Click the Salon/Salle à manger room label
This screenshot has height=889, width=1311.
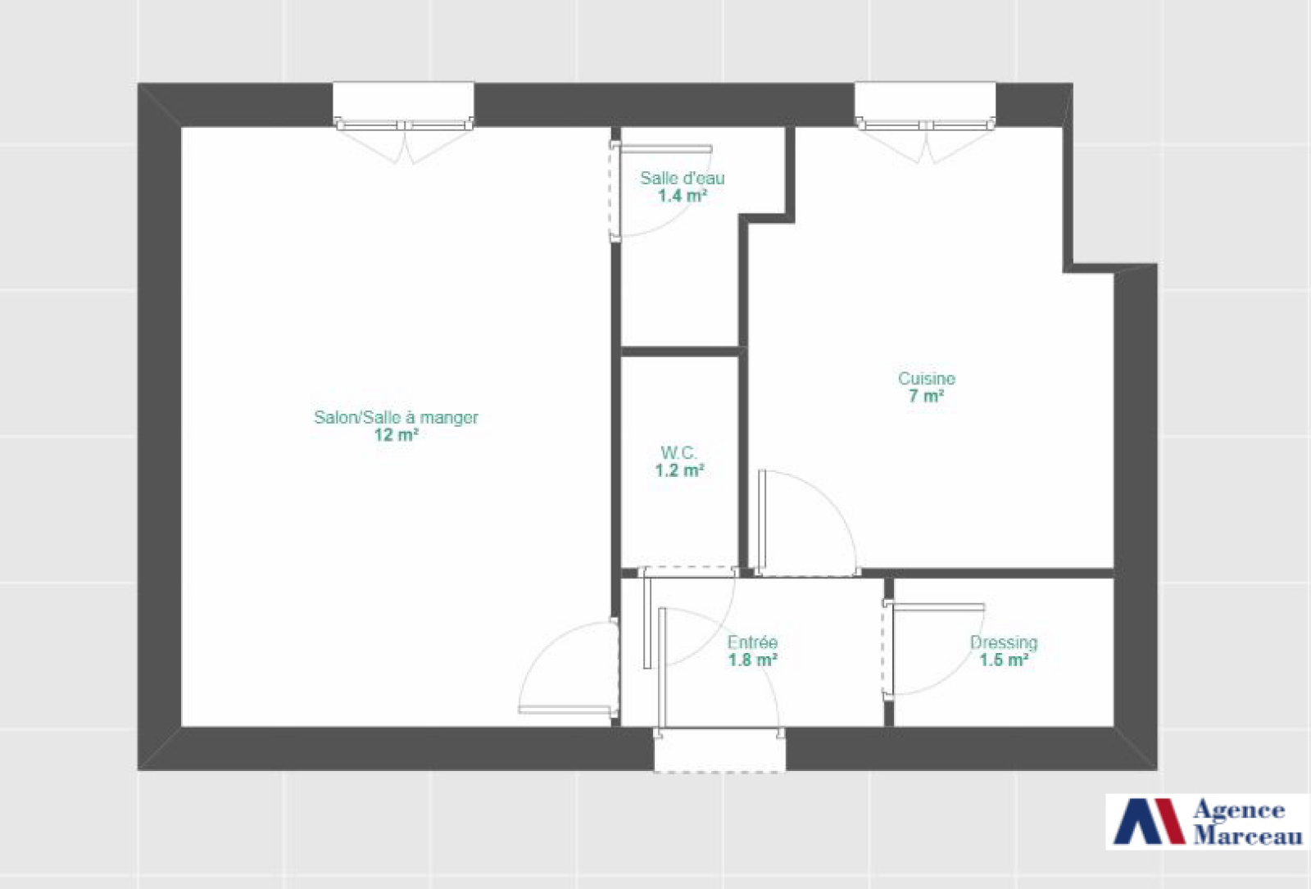[397, 417]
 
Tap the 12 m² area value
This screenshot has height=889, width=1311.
[397, 435]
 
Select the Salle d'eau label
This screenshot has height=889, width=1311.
[683, 178]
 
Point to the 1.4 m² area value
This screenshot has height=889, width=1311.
[683, 196]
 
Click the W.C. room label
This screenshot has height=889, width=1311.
[679, 452]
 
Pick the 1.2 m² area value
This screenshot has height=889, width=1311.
[679, 470]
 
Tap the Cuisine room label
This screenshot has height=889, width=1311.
[927, 379]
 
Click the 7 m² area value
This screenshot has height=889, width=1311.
[927, 397]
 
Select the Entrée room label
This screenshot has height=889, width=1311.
[753, 642]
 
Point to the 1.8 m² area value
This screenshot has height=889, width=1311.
[753, 660]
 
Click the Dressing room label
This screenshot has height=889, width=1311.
[1005, 642]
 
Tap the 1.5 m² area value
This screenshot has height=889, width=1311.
[1005, 660]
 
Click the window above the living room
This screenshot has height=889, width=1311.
[404, 106]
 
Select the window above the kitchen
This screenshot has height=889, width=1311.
[925, 106]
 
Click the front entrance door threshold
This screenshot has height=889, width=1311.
[720, 751]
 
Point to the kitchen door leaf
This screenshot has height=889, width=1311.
[761, 522]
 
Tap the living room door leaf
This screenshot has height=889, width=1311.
[565, 710]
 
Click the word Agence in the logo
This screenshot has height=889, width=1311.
[1239, 810]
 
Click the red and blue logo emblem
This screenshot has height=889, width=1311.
[1150, 822]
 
